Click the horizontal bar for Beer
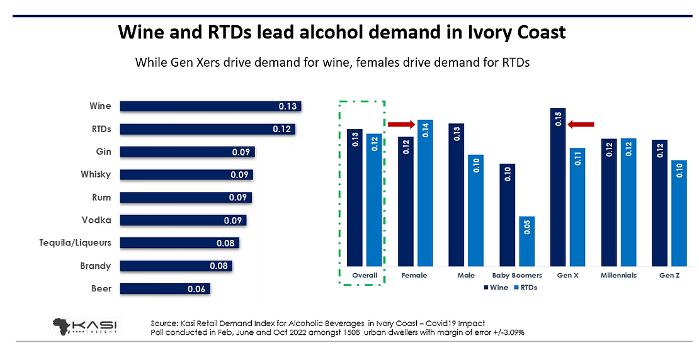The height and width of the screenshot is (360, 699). [x=164, y=289]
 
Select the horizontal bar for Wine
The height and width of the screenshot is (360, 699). [x=210, y=106]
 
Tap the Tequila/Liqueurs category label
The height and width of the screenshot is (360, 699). [x=75, y=243]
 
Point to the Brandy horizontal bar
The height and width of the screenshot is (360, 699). [x=176, y=266]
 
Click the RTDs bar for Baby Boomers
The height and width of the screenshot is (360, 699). [x=526, y=241]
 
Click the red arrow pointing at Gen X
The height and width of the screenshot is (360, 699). [x=581, y=125]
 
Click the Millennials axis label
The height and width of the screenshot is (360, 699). [x=618, y=275]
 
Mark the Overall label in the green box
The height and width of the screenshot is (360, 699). [x=364, y=275]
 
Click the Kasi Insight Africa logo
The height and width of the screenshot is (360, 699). [x=84, y=326]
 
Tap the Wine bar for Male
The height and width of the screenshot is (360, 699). [x=457, y=194]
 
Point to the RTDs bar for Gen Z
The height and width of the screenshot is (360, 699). [x=679, y=213]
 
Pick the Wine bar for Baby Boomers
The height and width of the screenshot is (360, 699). [x=508, y=215]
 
